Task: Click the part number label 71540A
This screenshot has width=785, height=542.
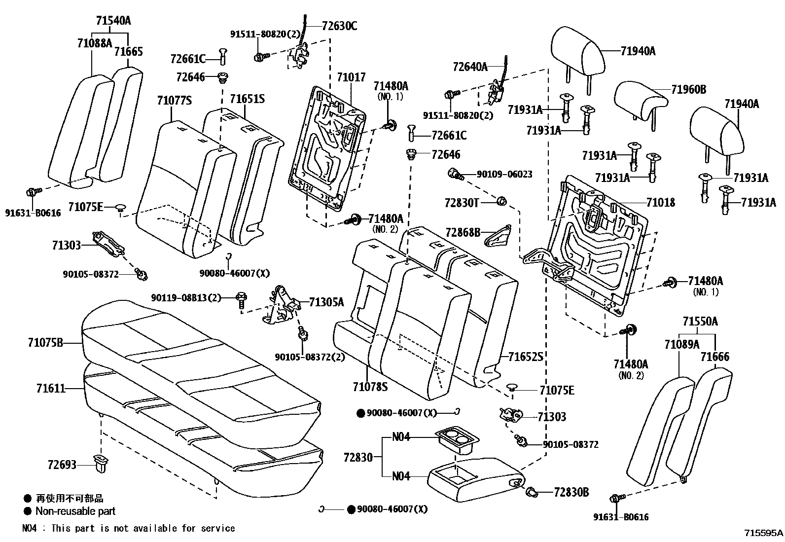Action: (x=113, y=21)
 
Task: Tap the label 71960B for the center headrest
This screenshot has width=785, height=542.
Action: (x=689, y=89)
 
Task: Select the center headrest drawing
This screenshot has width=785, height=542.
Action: (x=641, y=102)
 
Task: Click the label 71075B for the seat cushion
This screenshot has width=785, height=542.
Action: (x=45, y=342)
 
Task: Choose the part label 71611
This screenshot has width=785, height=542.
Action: (x=51, y=389)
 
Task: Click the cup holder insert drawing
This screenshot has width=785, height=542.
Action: (x=457, y=442)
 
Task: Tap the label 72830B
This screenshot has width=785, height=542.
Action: (x=571, y=492)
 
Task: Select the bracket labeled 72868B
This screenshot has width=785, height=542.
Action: (x=498, y=236)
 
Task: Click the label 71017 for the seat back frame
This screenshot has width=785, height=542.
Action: (x=351, y=77)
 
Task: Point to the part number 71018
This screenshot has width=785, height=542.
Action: (x=661, y=202)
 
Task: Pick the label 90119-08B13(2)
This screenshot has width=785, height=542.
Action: (x=186, y=298)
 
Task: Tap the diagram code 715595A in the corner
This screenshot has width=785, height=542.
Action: (x=764, y=533)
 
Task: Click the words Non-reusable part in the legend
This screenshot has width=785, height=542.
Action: (x=75, y=511)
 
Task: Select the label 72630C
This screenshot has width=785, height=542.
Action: (x=340, y=26)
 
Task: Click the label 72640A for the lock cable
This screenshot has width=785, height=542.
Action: (x=470, y=67)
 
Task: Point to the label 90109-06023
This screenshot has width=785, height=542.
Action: (x=504, y=174)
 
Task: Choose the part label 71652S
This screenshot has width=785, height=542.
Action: (x=526, y=357)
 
